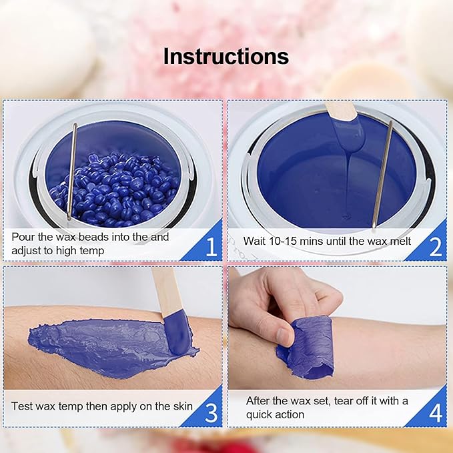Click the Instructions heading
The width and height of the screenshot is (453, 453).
(x=226, y=56)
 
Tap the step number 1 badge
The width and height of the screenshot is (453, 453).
(x=211, y=247)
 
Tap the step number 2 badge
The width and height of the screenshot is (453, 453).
(x=435, y=247)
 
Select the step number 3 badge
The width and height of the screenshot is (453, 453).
(x=211, y=413)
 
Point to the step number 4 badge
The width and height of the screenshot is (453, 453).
(x=435, y=413)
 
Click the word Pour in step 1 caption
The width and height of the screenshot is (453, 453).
(x=23, y=237)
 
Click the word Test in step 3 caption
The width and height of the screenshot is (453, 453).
(x=23, y=406)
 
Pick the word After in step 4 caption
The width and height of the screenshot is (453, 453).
(x=259, y=400)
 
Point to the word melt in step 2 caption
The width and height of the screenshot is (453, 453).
(x=398, y=242)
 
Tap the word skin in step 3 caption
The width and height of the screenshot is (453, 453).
(x=181, y=406)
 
